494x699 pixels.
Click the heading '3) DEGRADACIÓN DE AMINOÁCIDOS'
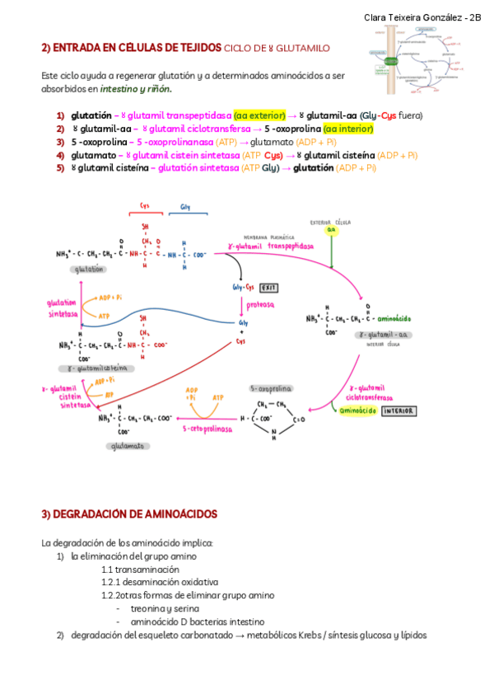pyautogui.click(x=129, y=514)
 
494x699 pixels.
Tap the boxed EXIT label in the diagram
pyautogui.click(x=268, y=288)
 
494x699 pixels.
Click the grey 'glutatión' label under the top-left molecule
pyautogui.click(x=89, y=269)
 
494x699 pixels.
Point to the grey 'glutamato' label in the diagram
pyautogui.click(x=127, y=445)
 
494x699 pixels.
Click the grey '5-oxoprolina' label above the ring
pyautogui.click(x=273, y=387)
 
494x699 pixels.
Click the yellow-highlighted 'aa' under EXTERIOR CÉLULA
pyautogui.click(x=331, y=231)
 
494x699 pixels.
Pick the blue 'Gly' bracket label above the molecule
pyautogui.click(x=185, y=206)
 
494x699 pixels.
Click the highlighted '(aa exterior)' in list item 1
pyautogui.click(x=259, y=115)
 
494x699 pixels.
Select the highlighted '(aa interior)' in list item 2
pyautogui.click(x=348, y=129)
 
